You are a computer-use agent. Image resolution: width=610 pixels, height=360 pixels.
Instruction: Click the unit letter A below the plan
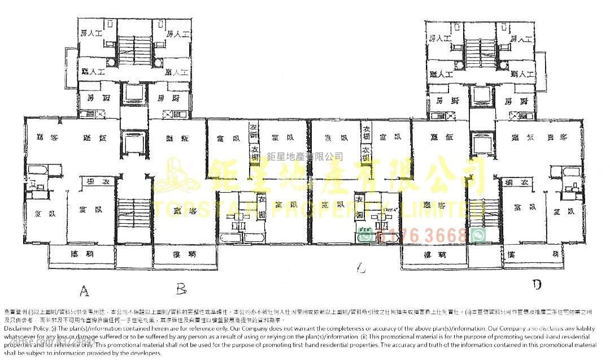pos(84,291)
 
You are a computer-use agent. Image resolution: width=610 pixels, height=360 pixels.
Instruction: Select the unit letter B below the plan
pos(181,290)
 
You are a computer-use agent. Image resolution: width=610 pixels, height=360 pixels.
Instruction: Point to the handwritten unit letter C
pos(361,270)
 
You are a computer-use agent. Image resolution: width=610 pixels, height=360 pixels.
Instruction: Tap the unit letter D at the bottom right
pos(537,284)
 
